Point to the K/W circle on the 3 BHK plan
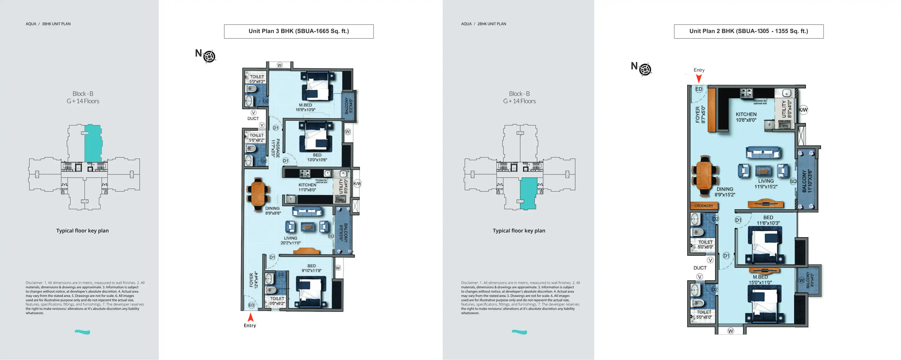tap(357, 184)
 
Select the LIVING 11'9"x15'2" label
tap(766, 184)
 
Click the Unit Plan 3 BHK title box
tap(299, 31)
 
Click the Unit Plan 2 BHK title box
tap(748, 31)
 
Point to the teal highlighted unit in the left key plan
tap(93, 143)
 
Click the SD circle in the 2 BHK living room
tap(793, 181)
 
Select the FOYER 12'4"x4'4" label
tap(254, 280)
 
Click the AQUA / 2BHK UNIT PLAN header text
tap(483, 24)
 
